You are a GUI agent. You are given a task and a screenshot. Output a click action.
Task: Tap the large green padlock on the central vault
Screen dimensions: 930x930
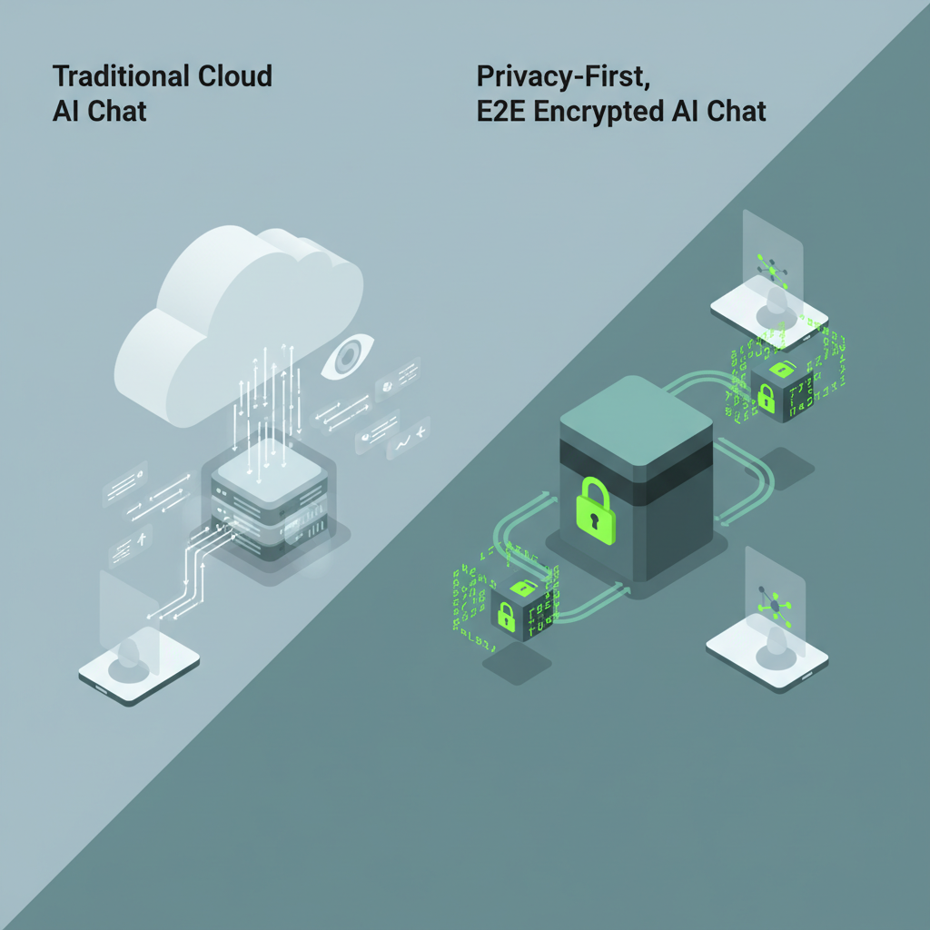point(596,507)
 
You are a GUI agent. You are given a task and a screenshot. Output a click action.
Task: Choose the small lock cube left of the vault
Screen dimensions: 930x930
point(515,609)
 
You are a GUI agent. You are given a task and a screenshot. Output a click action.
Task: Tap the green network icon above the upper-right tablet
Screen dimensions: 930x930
point(771,268)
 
